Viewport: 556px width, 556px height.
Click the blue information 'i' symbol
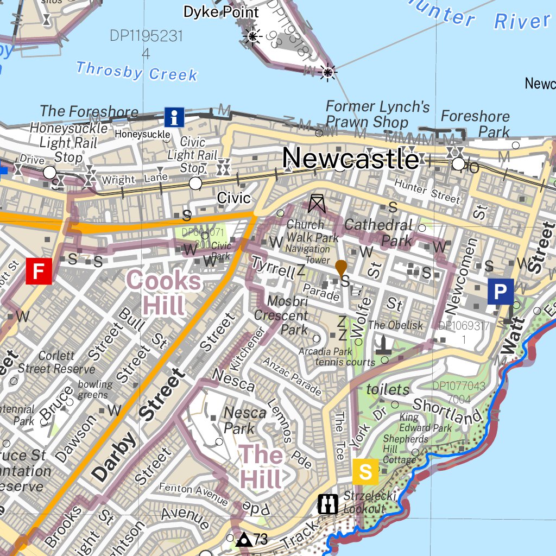[174, 117]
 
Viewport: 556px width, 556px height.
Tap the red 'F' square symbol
[39, 271]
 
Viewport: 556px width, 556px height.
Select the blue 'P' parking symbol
[500, 292]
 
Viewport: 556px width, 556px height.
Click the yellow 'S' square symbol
[365, 471]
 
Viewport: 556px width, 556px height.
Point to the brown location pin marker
[341, 268]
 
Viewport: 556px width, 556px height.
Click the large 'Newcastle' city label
[351, 159]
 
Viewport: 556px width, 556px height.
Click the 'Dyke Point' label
[221, 12]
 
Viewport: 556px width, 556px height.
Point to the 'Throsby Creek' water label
[137, 71]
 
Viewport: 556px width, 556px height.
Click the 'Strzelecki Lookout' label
[364, 503]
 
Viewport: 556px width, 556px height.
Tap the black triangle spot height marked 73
[244, 540]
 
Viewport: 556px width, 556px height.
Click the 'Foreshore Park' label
[476, 124]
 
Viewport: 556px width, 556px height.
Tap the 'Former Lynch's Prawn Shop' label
[375, 114]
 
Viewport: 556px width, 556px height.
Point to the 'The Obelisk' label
[395, 325]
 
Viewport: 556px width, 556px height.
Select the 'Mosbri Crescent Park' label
[281, 315]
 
